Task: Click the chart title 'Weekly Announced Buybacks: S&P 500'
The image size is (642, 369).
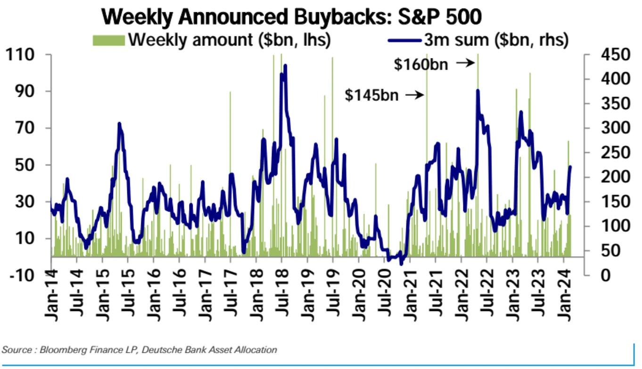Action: [292, 17]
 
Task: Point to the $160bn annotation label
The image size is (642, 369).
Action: [421, 64]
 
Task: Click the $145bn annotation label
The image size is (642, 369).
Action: [372, 95]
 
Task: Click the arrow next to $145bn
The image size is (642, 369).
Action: [415, 95]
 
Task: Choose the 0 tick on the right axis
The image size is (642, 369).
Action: [594, 275]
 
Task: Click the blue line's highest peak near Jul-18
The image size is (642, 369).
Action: [285, 66]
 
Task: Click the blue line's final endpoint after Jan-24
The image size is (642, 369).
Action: [571, 167]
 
